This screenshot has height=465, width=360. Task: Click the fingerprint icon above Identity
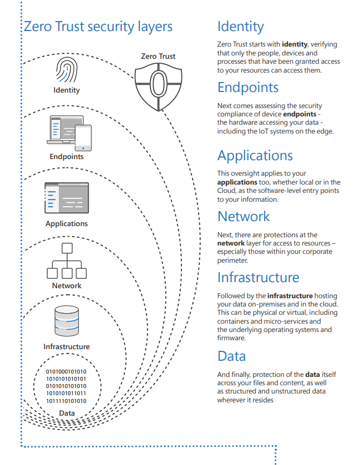67,70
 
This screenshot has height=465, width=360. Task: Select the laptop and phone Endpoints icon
69,133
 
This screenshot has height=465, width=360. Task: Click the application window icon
67,198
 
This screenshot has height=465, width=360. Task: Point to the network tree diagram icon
67,261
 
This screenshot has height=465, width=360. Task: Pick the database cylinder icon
67,321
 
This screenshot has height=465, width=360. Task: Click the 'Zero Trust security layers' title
98,27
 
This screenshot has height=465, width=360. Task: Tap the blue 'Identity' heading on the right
241,27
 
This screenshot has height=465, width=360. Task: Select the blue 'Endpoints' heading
248,88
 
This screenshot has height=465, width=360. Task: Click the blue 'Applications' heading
255,156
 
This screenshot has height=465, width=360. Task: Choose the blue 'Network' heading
244,217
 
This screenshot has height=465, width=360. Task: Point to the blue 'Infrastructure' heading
258,278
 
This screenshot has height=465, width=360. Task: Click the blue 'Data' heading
232,356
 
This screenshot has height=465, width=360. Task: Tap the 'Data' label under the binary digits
67,413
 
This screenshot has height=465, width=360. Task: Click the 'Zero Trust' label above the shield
158,56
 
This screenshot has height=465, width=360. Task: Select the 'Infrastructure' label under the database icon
67,346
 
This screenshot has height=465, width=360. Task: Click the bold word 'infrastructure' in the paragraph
290,295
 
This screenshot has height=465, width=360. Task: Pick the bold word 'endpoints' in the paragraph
300,114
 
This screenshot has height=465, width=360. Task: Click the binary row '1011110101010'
66,401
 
